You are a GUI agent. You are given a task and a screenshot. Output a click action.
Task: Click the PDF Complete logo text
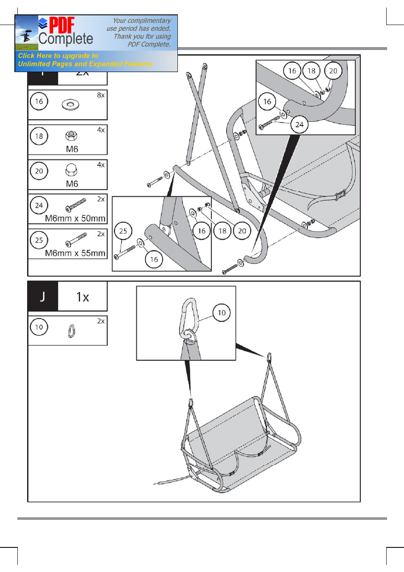65,32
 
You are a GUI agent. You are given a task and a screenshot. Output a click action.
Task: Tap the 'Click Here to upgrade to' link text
58,56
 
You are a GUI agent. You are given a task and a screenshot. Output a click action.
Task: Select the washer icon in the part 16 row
70,104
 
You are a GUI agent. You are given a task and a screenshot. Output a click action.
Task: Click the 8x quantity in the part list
101,95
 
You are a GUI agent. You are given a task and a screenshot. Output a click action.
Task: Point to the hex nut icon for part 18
71,136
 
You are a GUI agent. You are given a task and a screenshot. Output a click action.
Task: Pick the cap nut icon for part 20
71,170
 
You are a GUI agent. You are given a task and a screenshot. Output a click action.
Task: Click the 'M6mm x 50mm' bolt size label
75,218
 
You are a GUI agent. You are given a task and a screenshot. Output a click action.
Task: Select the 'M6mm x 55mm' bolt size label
75,253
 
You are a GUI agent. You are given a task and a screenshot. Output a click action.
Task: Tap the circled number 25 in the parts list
39,240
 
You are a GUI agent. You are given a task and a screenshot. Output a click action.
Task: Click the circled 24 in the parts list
39,205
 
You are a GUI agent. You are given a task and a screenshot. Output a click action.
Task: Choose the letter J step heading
42,296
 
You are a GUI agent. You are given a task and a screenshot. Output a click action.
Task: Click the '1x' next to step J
83,297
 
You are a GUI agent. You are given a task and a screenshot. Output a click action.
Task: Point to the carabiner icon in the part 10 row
72,331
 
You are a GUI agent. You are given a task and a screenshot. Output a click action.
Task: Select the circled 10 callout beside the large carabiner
221,313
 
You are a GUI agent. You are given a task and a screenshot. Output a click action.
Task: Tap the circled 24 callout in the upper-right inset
299,124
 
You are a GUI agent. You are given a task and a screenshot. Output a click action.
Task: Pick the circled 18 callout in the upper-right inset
312,71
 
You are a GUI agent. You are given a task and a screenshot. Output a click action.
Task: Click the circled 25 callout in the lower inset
123,231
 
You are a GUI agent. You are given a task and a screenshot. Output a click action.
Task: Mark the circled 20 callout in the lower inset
242,231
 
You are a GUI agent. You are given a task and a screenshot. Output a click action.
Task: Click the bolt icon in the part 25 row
77,240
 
